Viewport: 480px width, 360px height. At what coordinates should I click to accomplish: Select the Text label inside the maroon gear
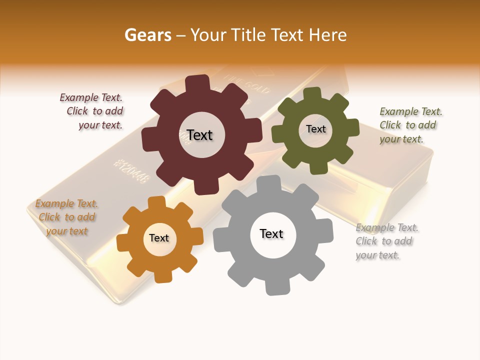click(199, 135)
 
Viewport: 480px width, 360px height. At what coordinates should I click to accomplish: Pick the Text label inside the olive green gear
click(315, 129)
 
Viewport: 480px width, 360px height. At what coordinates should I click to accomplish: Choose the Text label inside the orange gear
click(158, 238)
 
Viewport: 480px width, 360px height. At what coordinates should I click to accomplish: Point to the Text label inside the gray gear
click(271, 234)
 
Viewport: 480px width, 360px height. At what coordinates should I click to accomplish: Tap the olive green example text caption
click(410, 125)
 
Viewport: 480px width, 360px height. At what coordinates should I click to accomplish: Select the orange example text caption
click(66, 217)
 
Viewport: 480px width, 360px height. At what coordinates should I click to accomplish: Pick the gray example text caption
click(386, 241)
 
